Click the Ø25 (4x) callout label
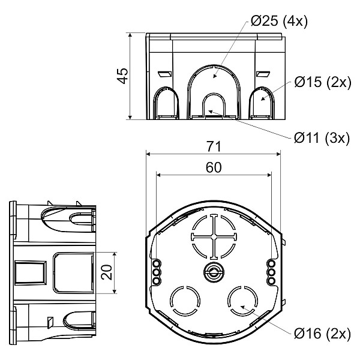point(279,22)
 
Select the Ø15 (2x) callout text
point(323,82)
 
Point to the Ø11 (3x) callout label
point(322,138)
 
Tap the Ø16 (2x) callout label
point(322,334)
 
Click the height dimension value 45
point(122,76)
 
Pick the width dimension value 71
point(214,146)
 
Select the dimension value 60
point(214,167)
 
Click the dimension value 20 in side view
point(107,272)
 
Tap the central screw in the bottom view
point(214,272)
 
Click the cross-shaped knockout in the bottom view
point(214,237)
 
